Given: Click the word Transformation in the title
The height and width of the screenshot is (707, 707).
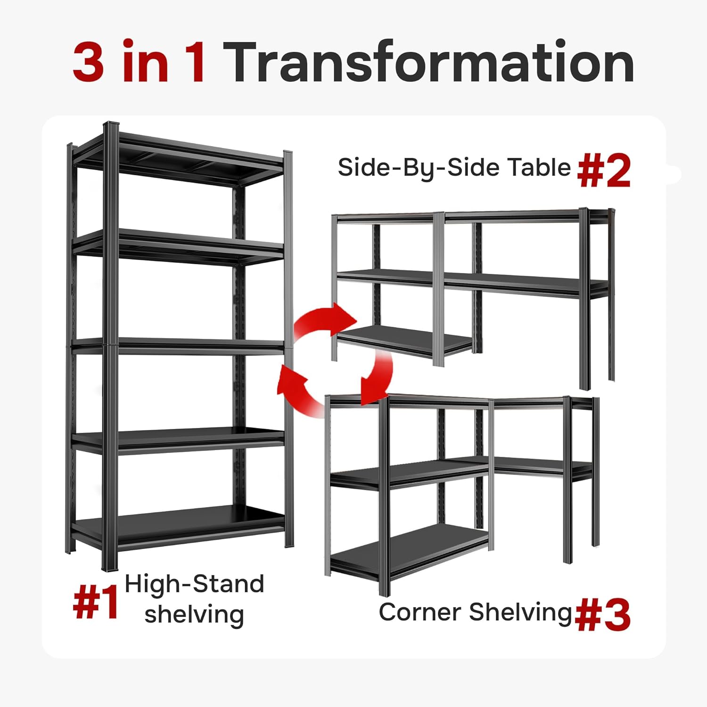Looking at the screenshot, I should [430, 63].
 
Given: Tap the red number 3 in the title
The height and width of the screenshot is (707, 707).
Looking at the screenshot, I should [89, 63].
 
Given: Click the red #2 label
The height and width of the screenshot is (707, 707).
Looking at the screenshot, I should [604, 172].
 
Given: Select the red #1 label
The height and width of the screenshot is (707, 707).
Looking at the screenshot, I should [96, 604].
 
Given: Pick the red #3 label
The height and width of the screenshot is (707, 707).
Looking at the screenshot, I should [603, 615].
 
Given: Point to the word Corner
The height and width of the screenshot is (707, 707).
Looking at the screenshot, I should [420, 612].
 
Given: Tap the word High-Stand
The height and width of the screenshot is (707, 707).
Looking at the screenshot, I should [194, 585].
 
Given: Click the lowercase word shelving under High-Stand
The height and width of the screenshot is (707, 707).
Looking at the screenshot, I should [194, 615].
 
